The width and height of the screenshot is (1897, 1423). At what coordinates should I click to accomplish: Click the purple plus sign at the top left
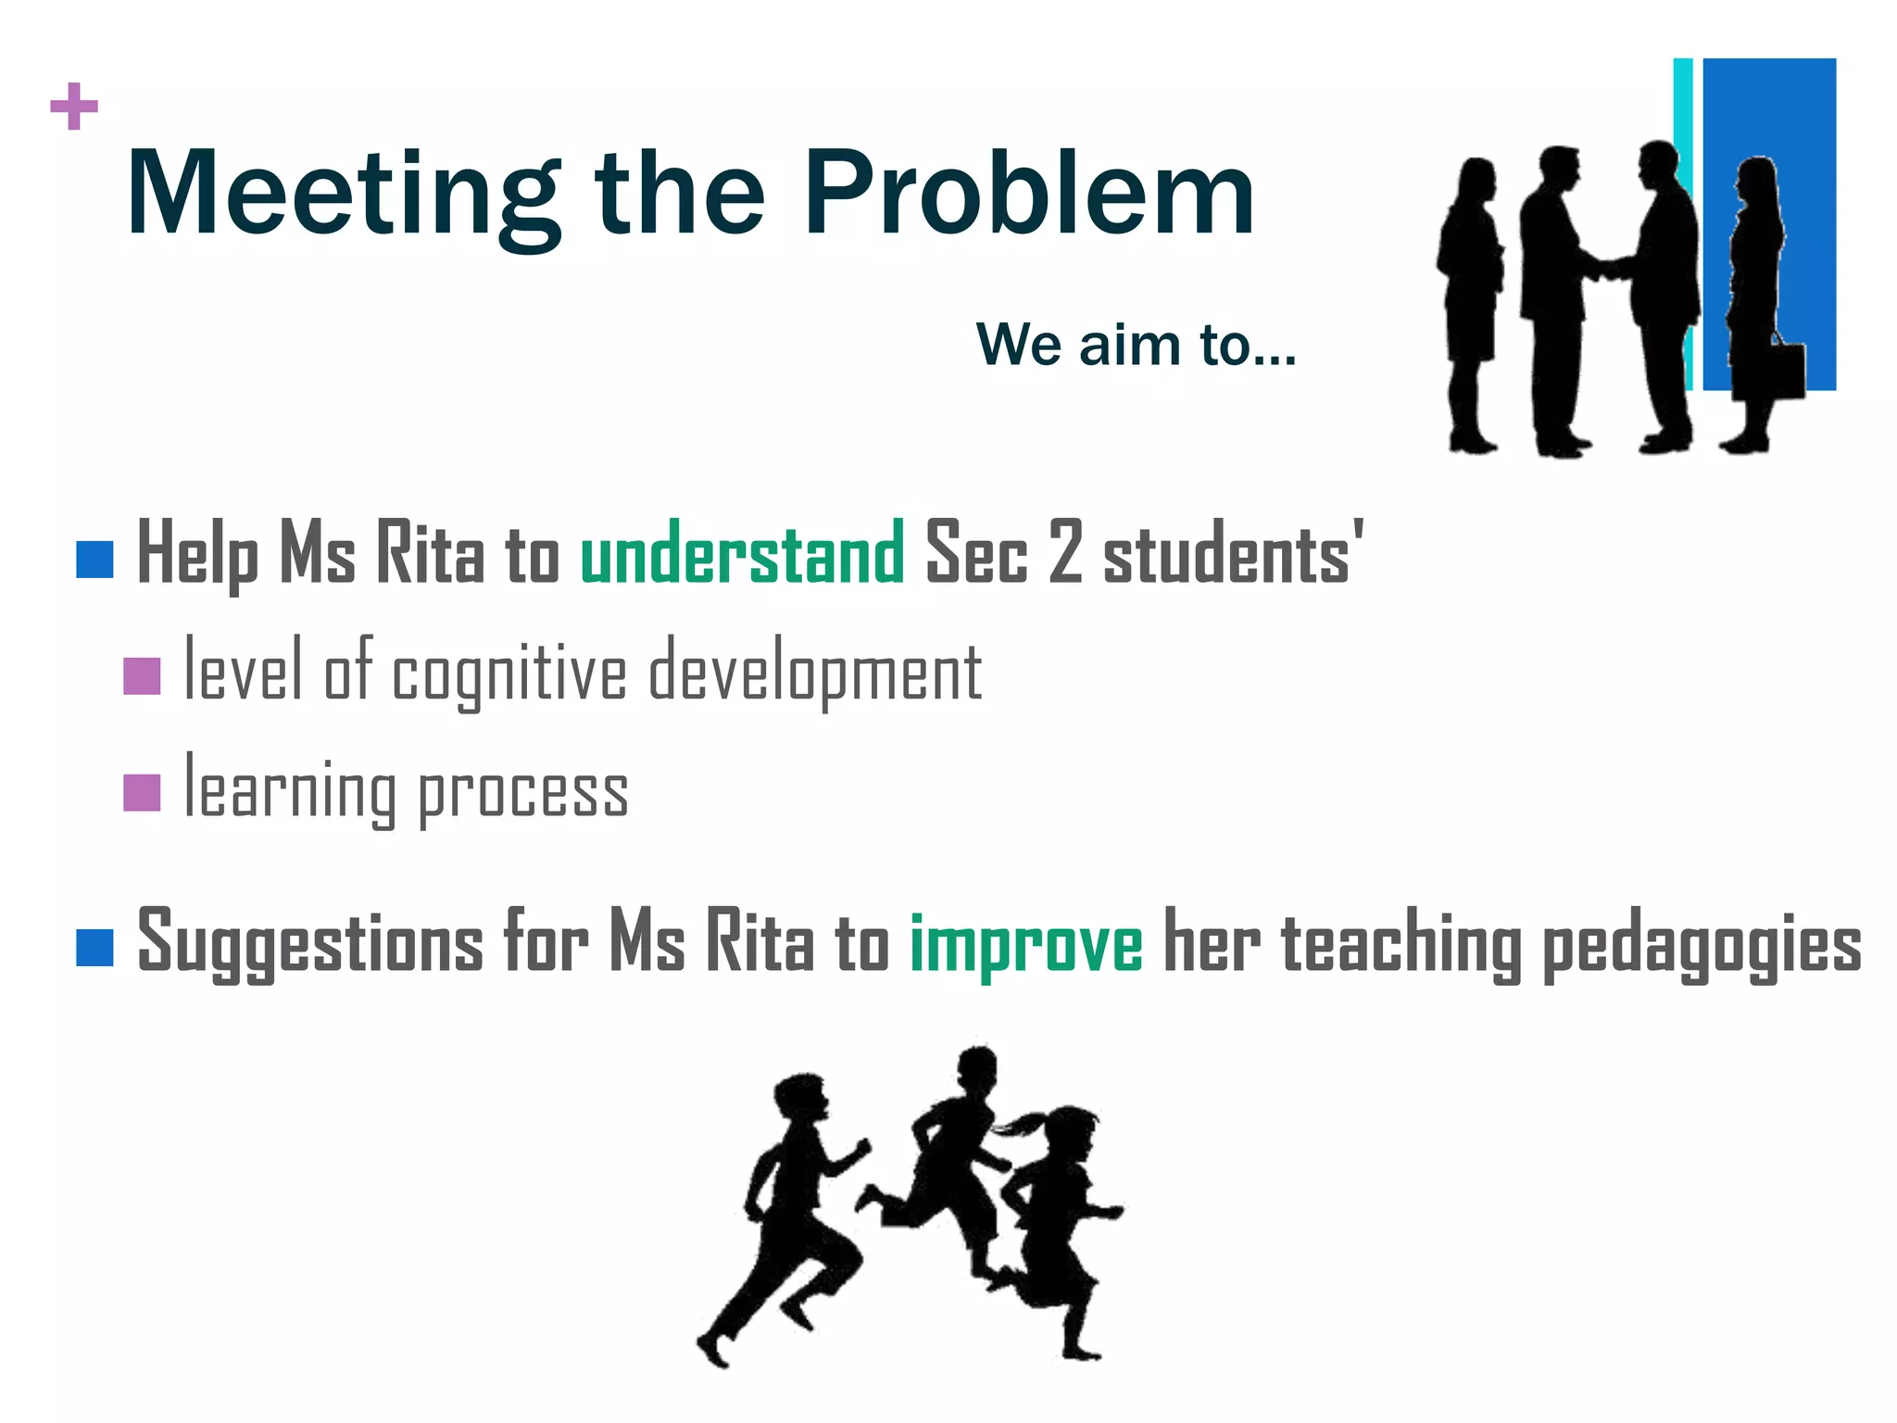(x=74, y=107)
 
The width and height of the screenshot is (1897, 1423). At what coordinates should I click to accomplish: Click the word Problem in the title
(x=1028, y=195)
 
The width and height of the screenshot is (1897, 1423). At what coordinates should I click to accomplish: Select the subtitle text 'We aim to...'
(x=1136, y=345)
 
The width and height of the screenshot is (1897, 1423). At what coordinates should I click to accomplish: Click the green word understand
(x=742, y=554)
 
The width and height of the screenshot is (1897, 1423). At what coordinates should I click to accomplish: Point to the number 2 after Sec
(x=1065, y=552)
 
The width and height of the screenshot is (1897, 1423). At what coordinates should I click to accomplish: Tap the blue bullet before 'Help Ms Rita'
(x=94, y=560)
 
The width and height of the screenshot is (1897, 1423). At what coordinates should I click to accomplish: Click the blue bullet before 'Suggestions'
(x=94, y=947)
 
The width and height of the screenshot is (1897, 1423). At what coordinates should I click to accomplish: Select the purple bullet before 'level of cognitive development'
(x=142, y=675)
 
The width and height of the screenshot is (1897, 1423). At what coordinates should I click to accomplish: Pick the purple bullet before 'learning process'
(x=142, y=792)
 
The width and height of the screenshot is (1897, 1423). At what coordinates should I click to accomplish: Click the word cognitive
(x=509, y=674)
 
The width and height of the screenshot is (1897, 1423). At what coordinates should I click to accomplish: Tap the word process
(x=523, y=793)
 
